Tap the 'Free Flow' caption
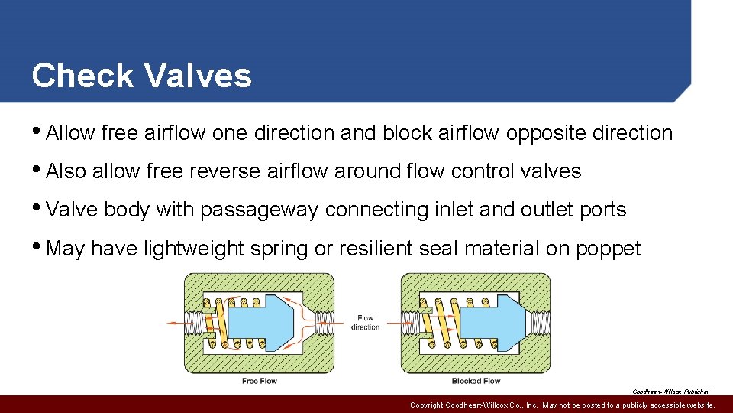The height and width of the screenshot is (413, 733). click(x=260, y=381)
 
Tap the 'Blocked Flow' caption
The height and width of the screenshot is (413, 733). click(x=476, y=381)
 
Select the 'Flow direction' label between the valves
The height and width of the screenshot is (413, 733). click(x=365, y=323)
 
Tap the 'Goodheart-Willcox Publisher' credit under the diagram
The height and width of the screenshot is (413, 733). click(x=670, y=391)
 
